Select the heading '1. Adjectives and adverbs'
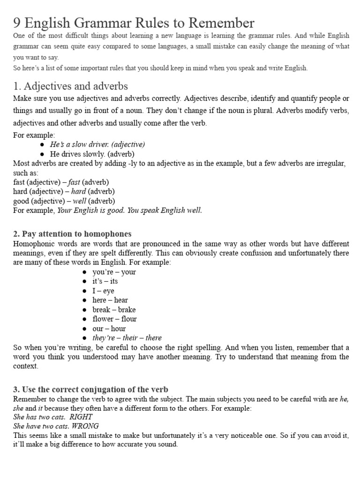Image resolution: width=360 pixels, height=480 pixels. point(70,86)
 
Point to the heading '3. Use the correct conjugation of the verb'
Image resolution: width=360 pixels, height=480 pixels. point(90,390)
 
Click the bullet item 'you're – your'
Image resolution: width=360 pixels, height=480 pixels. point(114,272)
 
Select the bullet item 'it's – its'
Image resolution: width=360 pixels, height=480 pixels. point(105,281)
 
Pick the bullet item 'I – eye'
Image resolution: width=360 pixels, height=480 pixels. point(103,291)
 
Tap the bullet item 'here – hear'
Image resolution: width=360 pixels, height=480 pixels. point(110,300)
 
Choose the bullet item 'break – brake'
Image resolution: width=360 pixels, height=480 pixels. point(114,309)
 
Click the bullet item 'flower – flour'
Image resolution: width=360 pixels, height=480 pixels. point(114,319)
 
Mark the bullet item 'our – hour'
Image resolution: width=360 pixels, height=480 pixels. point(109,329)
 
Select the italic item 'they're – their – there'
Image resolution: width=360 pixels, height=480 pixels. point(127,338)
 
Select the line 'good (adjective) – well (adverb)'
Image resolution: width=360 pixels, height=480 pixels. point(64,201)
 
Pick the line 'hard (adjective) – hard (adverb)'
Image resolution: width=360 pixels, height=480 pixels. point(64,191)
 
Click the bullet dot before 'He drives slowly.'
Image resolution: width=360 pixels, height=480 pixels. point(42,154)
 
